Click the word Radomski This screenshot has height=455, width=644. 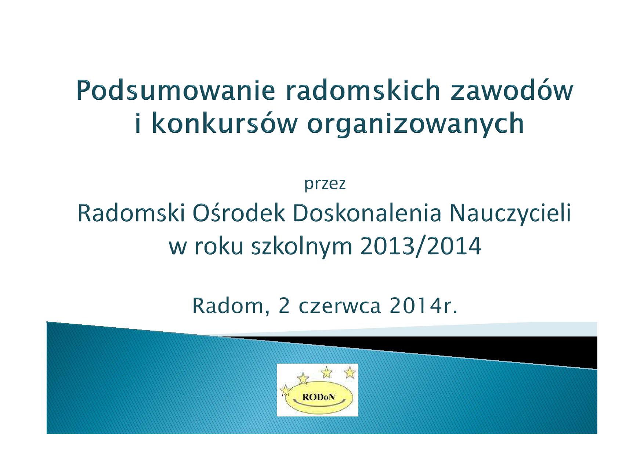click(x=131, y=213)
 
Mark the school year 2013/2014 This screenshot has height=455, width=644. click(x=421, y=246)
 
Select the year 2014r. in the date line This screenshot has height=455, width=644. click(x=423, y=306)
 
